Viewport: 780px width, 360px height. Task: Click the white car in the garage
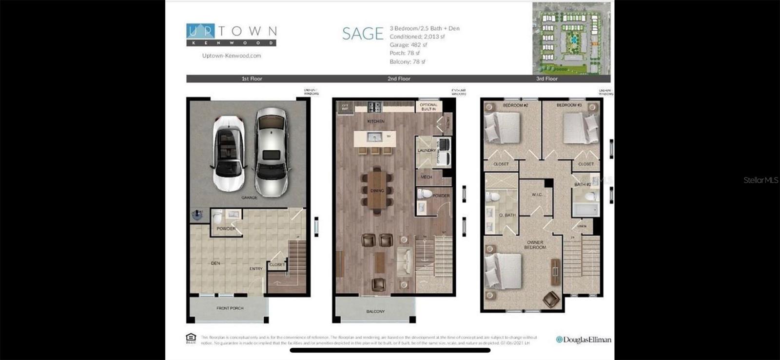pyautogui.click(x=228, y=153)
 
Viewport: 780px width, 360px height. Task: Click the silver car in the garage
pyautogui.click(x=271, y=151)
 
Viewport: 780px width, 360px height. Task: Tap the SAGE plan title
pyautogui.click(x=363, y=34)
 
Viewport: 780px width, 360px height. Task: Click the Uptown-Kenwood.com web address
pyautogui.click(x=232, y=56)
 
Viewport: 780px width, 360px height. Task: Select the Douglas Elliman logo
pyautogui.click(x=584, y=340)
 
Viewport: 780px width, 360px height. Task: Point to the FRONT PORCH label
pyautogui.click(x=230, y=308)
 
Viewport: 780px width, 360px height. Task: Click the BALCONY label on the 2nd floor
pyautogui.click(x=375, y=311)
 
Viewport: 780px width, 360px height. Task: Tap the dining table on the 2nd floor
pyautogui.click(x=377, y=190)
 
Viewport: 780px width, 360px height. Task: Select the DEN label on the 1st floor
pyautogui.click(x=215, y=263)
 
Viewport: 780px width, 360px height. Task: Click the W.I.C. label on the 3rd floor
pyautogui.click(x=537, y=195)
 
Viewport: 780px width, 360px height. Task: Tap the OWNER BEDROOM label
pyautogui.click(x=535, y=245)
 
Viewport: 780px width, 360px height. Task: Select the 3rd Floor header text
pyautogui.click(x=546, y=79)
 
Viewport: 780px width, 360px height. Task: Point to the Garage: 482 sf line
pyautogui.click(x=408, y=45)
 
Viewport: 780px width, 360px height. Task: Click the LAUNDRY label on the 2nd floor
pyautogui.click(x=427, y=150)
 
